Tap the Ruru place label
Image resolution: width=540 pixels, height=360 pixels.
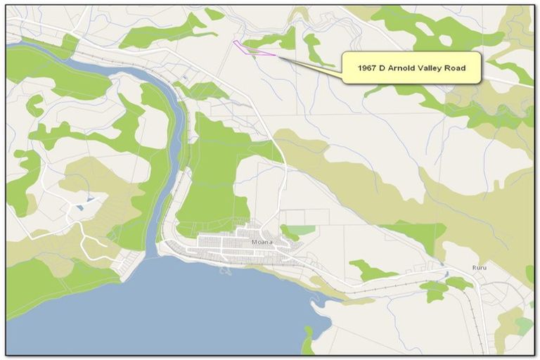point(479,268)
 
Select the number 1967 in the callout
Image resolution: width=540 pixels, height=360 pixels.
point(370,67)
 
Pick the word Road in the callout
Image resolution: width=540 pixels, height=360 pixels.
point(464,67)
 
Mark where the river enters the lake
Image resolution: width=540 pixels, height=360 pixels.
point(154,253)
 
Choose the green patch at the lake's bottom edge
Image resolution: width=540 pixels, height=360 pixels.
point(307,342)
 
